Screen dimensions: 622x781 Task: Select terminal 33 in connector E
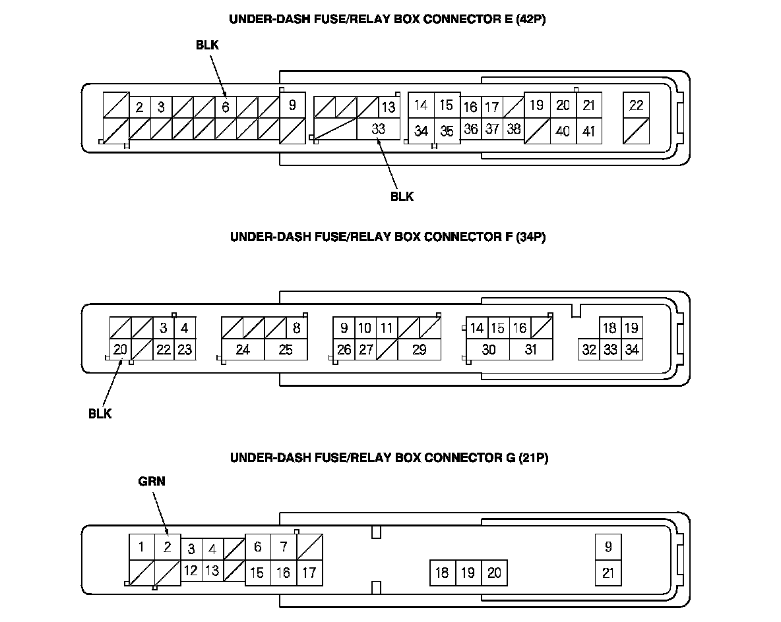click(378, 129)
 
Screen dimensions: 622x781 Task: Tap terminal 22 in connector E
click(636, 105)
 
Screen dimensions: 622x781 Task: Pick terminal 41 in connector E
click(588, 131)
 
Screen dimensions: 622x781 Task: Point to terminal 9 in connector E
click(292, 105)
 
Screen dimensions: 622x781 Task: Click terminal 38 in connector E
click(514, 129)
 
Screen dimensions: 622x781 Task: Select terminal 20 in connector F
click(119, 349)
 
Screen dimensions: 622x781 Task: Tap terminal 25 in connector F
click(286, 349)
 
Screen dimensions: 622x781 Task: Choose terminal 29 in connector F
click(419, 349)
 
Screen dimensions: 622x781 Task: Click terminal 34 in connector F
click(632, 349)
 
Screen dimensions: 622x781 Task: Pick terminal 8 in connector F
click(296, 327)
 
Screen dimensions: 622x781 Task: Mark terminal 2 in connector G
click(168, 546)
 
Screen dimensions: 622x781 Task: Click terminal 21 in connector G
click(608, 573)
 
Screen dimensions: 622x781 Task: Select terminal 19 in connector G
click(468, 573)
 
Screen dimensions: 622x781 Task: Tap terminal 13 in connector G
click(212, 571)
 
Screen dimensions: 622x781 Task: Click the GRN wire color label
click(152, 482)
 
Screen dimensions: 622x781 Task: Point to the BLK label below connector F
click(100, 414)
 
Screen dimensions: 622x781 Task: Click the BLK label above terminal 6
click(206, 45)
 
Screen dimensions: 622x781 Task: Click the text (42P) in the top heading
click(530, 19)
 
